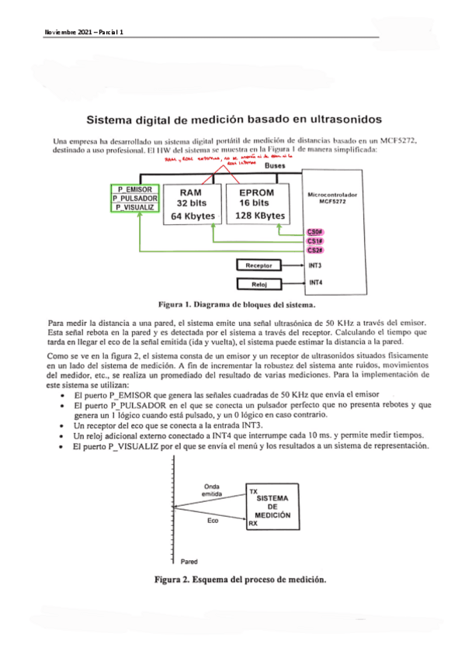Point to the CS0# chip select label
point(314,232)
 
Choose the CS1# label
point(314,241)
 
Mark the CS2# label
point(314,250)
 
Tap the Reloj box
point(259,283)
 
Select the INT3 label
point(315,265)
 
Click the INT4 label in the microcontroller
point(315,282)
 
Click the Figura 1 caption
point(224,305)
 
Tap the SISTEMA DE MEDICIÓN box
point(272,508)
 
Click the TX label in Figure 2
point(252,491)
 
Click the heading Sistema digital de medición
point(234,119)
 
